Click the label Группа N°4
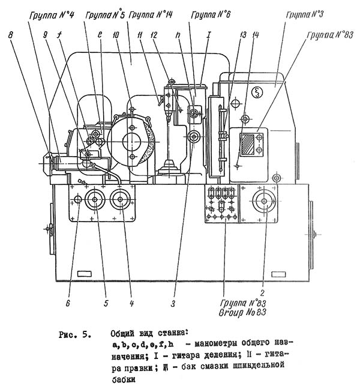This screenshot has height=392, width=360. click(52, 16)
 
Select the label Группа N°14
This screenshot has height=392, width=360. click(151, 15)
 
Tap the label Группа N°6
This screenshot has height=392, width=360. click(211, 15)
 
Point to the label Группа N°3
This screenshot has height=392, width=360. click(305, 14)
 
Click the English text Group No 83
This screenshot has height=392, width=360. click(242, 313)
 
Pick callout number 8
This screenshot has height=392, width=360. click(10, 35)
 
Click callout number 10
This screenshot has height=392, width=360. click(115, 35)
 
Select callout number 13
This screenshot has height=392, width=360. click(242, 35)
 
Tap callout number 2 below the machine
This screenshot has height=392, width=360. click(262, 292)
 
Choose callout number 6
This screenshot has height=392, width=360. click(68, 303)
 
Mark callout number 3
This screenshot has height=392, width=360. click(173, 304)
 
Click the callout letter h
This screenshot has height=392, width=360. click(178, 35)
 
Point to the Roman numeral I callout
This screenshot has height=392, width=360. click(208, 34)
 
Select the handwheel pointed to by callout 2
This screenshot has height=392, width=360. click(265, 201)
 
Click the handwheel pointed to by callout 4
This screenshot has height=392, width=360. click(121, 199)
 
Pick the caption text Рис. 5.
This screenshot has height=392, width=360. click(75, 335)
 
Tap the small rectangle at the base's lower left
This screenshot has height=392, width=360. click(85, 274)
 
